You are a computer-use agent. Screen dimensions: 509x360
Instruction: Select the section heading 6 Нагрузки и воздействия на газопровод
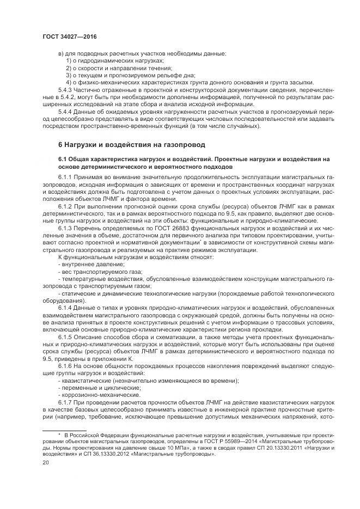click(132, 145)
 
